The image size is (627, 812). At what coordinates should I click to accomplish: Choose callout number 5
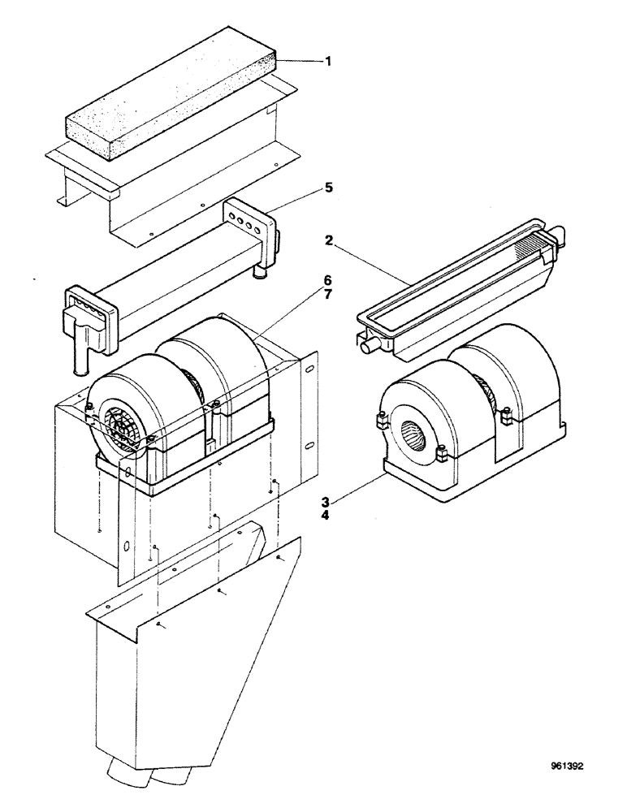point(329,188)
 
